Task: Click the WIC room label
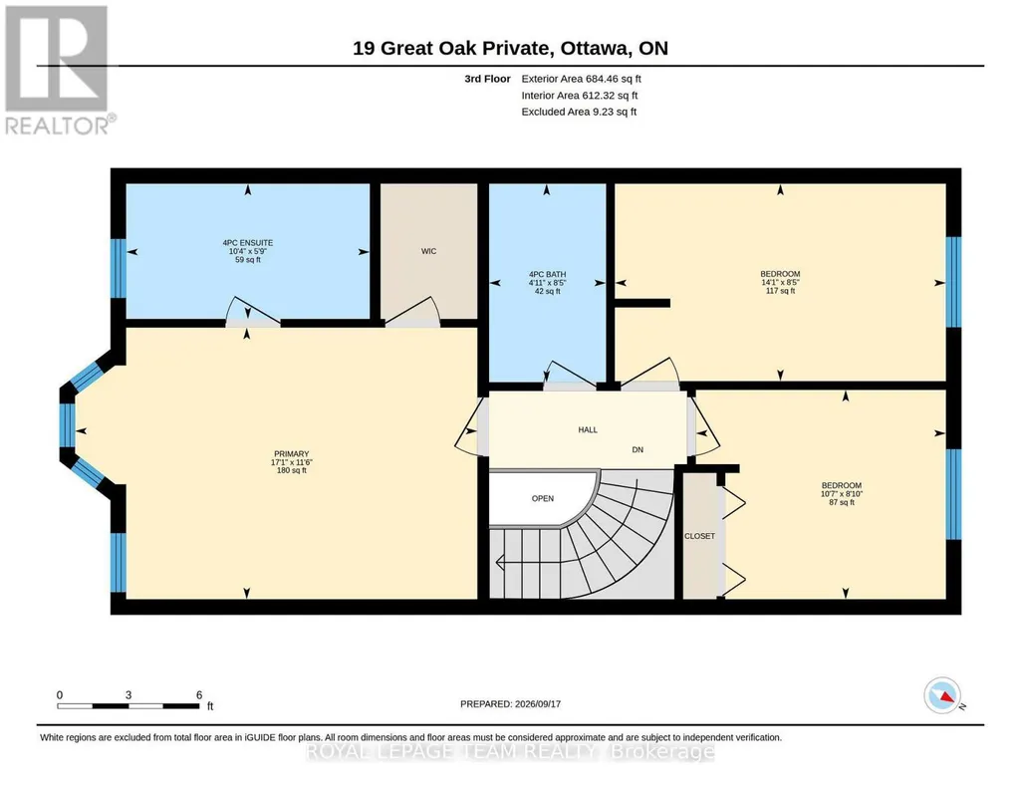[x=428, y=251]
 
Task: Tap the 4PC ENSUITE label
[x=248, y=243]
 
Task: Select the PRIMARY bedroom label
[x=291, y=453]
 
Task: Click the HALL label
[x=588, y=429]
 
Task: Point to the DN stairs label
[x=638, y=450]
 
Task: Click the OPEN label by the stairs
[x=543, y=499]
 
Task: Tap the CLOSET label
[x=699, y=536]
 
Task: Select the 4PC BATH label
[x=548, y=275]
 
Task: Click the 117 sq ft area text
[x=780, y=291]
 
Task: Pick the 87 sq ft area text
[x=842, y=502]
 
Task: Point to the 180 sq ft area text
[x=291, y=470]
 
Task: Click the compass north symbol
[x=942, y=695]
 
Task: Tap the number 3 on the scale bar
[x=128, y=695]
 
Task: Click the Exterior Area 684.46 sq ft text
[x=581, y=79]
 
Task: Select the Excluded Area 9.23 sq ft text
[x=579, y=112]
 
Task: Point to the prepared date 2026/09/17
[x=538, y=704]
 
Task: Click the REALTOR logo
[x=58, y=71]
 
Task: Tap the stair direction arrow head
[x=499, y=561]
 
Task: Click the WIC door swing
[x=412, y=309]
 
